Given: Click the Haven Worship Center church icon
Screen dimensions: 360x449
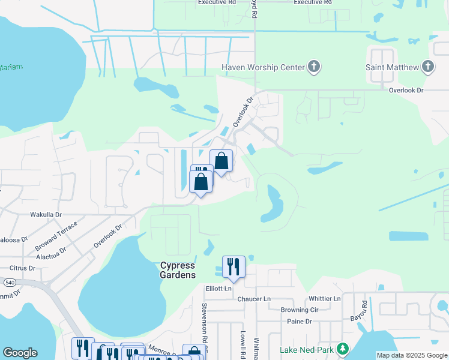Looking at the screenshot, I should point(314,67).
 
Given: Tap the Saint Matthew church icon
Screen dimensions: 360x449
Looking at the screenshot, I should point(428,67).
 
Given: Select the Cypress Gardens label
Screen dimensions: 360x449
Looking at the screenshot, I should point(178,270).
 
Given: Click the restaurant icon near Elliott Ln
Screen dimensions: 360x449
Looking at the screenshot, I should point(234,266).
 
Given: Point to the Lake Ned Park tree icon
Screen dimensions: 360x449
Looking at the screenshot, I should point(343,349).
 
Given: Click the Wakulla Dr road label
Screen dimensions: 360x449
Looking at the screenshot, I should point(46,214).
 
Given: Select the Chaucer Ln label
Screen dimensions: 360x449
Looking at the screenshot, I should point(254,299).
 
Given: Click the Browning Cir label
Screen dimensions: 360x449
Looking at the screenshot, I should point(299,310).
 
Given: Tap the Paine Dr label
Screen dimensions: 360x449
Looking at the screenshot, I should point(300,322).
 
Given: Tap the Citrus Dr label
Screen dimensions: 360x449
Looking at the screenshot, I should point(23,268).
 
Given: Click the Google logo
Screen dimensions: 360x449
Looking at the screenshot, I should point(20,353).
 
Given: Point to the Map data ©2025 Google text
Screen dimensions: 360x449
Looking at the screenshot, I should point(412,355).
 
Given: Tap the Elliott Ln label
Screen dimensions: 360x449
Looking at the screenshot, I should point(219,288).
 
